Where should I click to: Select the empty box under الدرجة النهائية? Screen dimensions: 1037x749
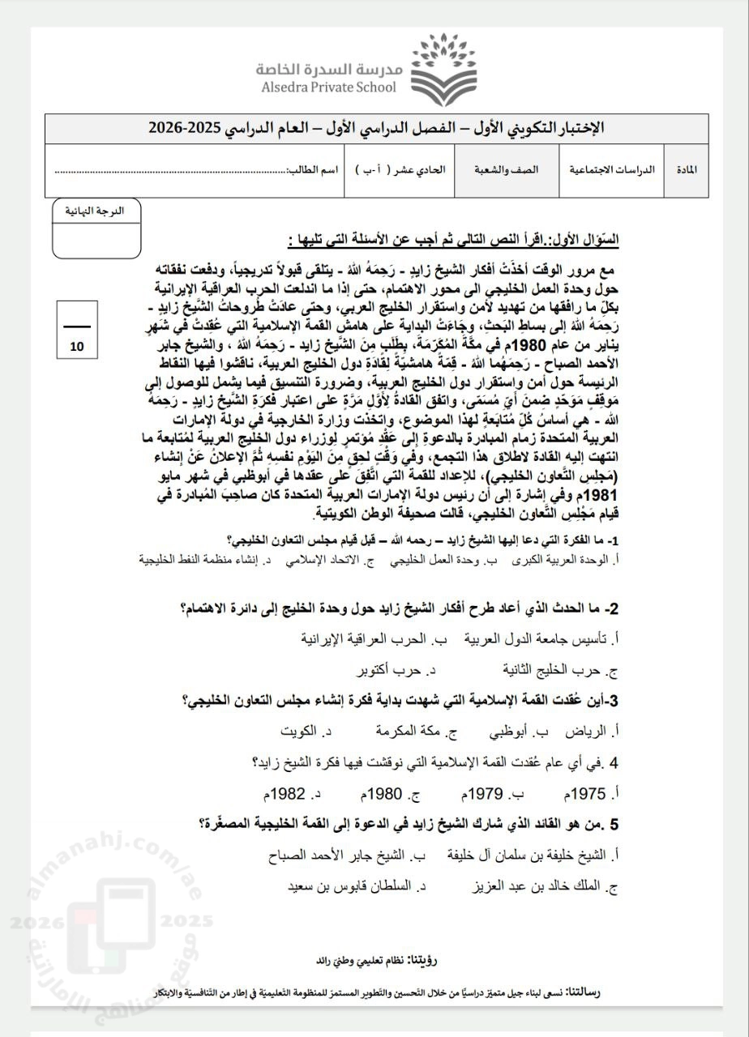(x=95, y=240)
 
